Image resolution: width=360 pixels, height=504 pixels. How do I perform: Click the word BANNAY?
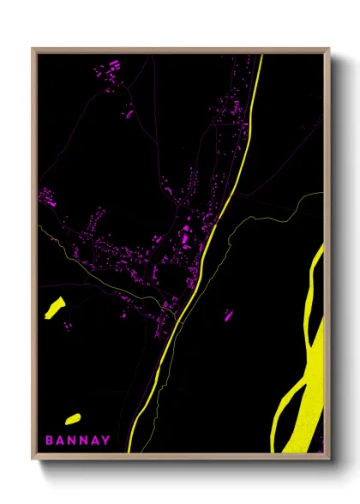click(77, 441)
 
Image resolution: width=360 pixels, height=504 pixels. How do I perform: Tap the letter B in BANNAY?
click(49, 441)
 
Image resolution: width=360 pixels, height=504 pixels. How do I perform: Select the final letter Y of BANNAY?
click(105, 441)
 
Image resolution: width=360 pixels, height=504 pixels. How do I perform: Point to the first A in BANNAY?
click(60, 441)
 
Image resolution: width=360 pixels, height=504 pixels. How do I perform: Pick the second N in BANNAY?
click(83, 441)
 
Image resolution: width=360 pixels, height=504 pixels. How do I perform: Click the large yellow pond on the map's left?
click(55, 307)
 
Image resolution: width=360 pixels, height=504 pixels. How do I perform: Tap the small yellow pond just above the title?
click(72, 418)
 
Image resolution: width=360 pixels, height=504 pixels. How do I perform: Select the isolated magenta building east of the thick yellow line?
click(229, 315)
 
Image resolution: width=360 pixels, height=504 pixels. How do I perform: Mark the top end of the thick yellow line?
click(260, 57)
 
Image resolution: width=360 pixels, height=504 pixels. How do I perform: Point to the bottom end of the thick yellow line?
click(129, 449)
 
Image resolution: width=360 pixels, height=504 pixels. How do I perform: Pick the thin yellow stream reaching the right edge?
click(309, 201)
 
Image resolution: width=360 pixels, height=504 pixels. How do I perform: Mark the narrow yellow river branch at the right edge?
click(318, 274)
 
